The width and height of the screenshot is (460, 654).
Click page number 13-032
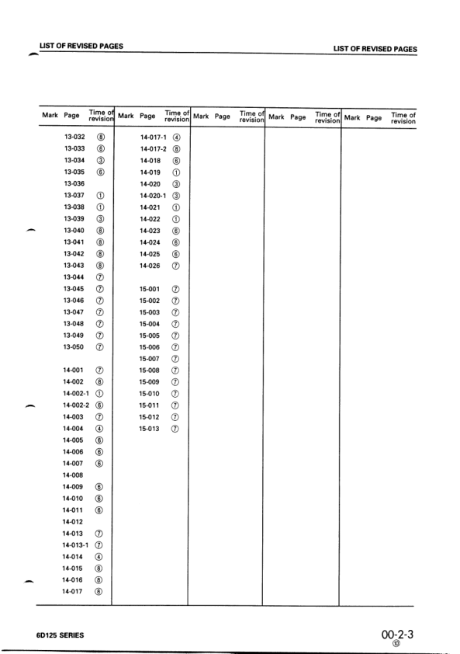(x=74, y=136)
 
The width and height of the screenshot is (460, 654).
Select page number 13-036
(x=74, y=183)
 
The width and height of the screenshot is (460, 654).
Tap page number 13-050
(x=74, y=346)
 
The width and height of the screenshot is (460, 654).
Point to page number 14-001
(x=73, y=370)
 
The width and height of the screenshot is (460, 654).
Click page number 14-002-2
(x=76, y=405)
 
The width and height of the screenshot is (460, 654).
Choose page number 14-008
(x=73, y=475)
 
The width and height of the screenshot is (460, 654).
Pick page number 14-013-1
(x=76, y=544)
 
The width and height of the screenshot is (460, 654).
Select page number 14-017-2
(x=153, y=148)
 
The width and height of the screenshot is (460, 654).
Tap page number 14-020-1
(x=153, y=195)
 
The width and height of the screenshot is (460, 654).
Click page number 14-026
(x=150, y=265)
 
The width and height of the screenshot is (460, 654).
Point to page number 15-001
(x=149, y=288)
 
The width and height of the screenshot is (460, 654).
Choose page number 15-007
(x=149, y=358)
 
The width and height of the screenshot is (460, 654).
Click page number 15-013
(x=149, y=428)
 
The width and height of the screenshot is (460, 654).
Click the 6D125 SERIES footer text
(x=61, y=634)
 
